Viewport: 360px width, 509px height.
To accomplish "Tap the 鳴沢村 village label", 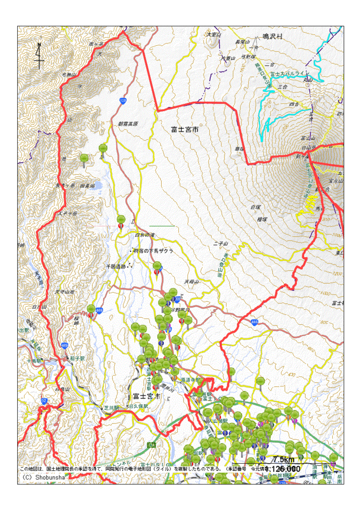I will pyautogui.click(x=272, y=37).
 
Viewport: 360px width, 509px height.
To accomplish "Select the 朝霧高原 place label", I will pyautogui.click(x=128, y=124).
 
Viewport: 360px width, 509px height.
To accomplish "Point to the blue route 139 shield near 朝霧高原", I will pyautogui.click(x=123, y=101).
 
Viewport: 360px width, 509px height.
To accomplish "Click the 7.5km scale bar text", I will pyautogui.click(x=284, y=459).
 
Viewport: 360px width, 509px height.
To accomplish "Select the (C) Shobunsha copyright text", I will pyautogui.click(x=42, y=476).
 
